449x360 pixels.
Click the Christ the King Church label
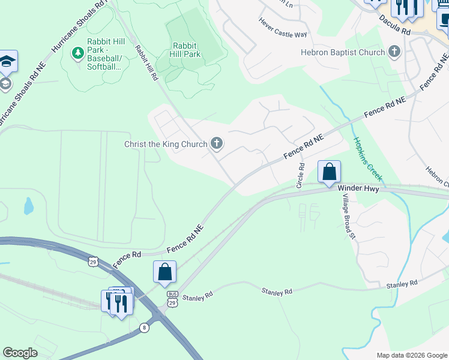click(x=166, y=144)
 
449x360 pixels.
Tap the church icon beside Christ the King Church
click(x=217, y=143)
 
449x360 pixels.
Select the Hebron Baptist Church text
click(x=343, y=52)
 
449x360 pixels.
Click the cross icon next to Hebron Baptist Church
click(x=394, y=52)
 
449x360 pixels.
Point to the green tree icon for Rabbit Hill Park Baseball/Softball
click(x=77, y=54)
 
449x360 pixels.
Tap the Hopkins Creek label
click(x=367, y=159)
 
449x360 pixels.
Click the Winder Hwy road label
click(x=359, y=188)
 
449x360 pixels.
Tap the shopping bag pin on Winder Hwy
click(x=329, y=172)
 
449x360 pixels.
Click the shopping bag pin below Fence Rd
click(x=164, y=272)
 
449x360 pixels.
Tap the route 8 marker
click(x=144, y=327)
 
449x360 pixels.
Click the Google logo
click(x=20, y=353)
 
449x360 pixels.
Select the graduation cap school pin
click(x=7, y=62)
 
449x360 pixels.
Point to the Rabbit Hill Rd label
click(x=146, y=64)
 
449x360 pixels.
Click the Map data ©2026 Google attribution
click(x=411, y=355)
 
